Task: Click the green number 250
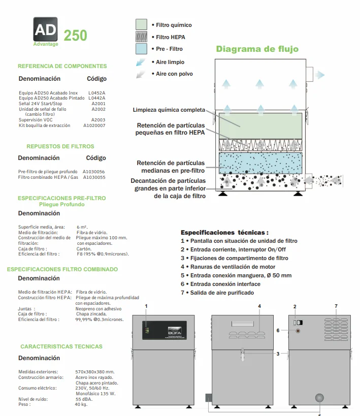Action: [x=75, y=35]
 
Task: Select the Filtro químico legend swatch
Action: [x=142, y=24]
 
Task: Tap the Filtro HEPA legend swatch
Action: [x=142, y=37]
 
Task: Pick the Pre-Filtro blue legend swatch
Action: [x=142, y=49]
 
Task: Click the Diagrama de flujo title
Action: [x=257, y=49]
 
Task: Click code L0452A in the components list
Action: [x=97, y=93]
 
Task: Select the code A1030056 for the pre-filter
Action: [x=94, y=172]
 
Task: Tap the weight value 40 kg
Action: [x=81, y=404]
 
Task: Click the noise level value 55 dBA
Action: [x=84, y=399]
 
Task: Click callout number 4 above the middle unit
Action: [x=259, y=306]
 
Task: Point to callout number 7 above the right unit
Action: [x=336, y=306]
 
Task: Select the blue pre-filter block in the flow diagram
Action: [x=260, y=163]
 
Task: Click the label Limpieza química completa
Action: [x=169, y=110]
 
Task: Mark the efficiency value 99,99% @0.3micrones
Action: [x=100, y=319]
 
